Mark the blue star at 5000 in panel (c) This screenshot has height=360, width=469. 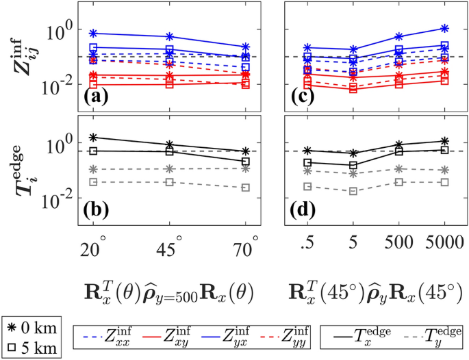pyautogui.click(x=445, y=28)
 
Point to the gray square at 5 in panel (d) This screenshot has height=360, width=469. pyautogui.click(x=353, y=191)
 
